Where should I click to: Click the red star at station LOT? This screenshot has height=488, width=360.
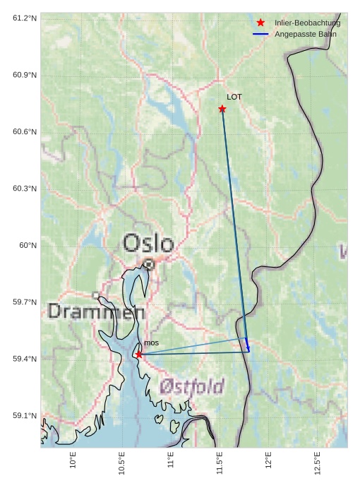222,109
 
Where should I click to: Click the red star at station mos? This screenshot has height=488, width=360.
139,355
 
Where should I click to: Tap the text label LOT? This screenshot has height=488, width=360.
234,97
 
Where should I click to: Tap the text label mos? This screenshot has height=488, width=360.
151,343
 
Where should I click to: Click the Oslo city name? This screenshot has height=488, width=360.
148,244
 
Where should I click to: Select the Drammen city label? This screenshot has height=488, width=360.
97,311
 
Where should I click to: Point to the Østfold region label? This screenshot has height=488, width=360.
191,386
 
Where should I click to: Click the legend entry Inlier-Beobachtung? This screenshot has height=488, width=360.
307,23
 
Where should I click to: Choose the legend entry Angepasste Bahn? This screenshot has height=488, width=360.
305,34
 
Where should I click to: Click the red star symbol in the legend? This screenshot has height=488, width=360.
260,23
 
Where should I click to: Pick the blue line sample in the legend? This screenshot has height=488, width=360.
260,34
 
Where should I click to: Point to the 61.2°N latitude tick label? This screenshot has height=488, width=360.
25,18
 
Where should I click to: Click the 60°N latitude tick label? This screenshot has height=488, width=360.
28,245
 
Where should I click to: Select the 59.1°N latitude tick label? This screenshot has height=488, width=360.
25,415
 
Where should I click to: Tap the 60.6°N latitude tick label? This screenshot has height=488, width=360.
25,131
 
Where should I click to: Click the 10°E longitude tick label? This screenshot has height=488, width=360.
73,460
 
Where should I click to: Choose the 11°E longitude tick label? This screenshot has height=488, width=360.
170,460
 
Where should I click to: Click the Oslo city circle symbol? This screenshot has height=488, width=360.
148,265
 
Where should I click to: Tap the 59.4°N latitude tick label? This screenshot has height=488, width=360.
25,359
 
